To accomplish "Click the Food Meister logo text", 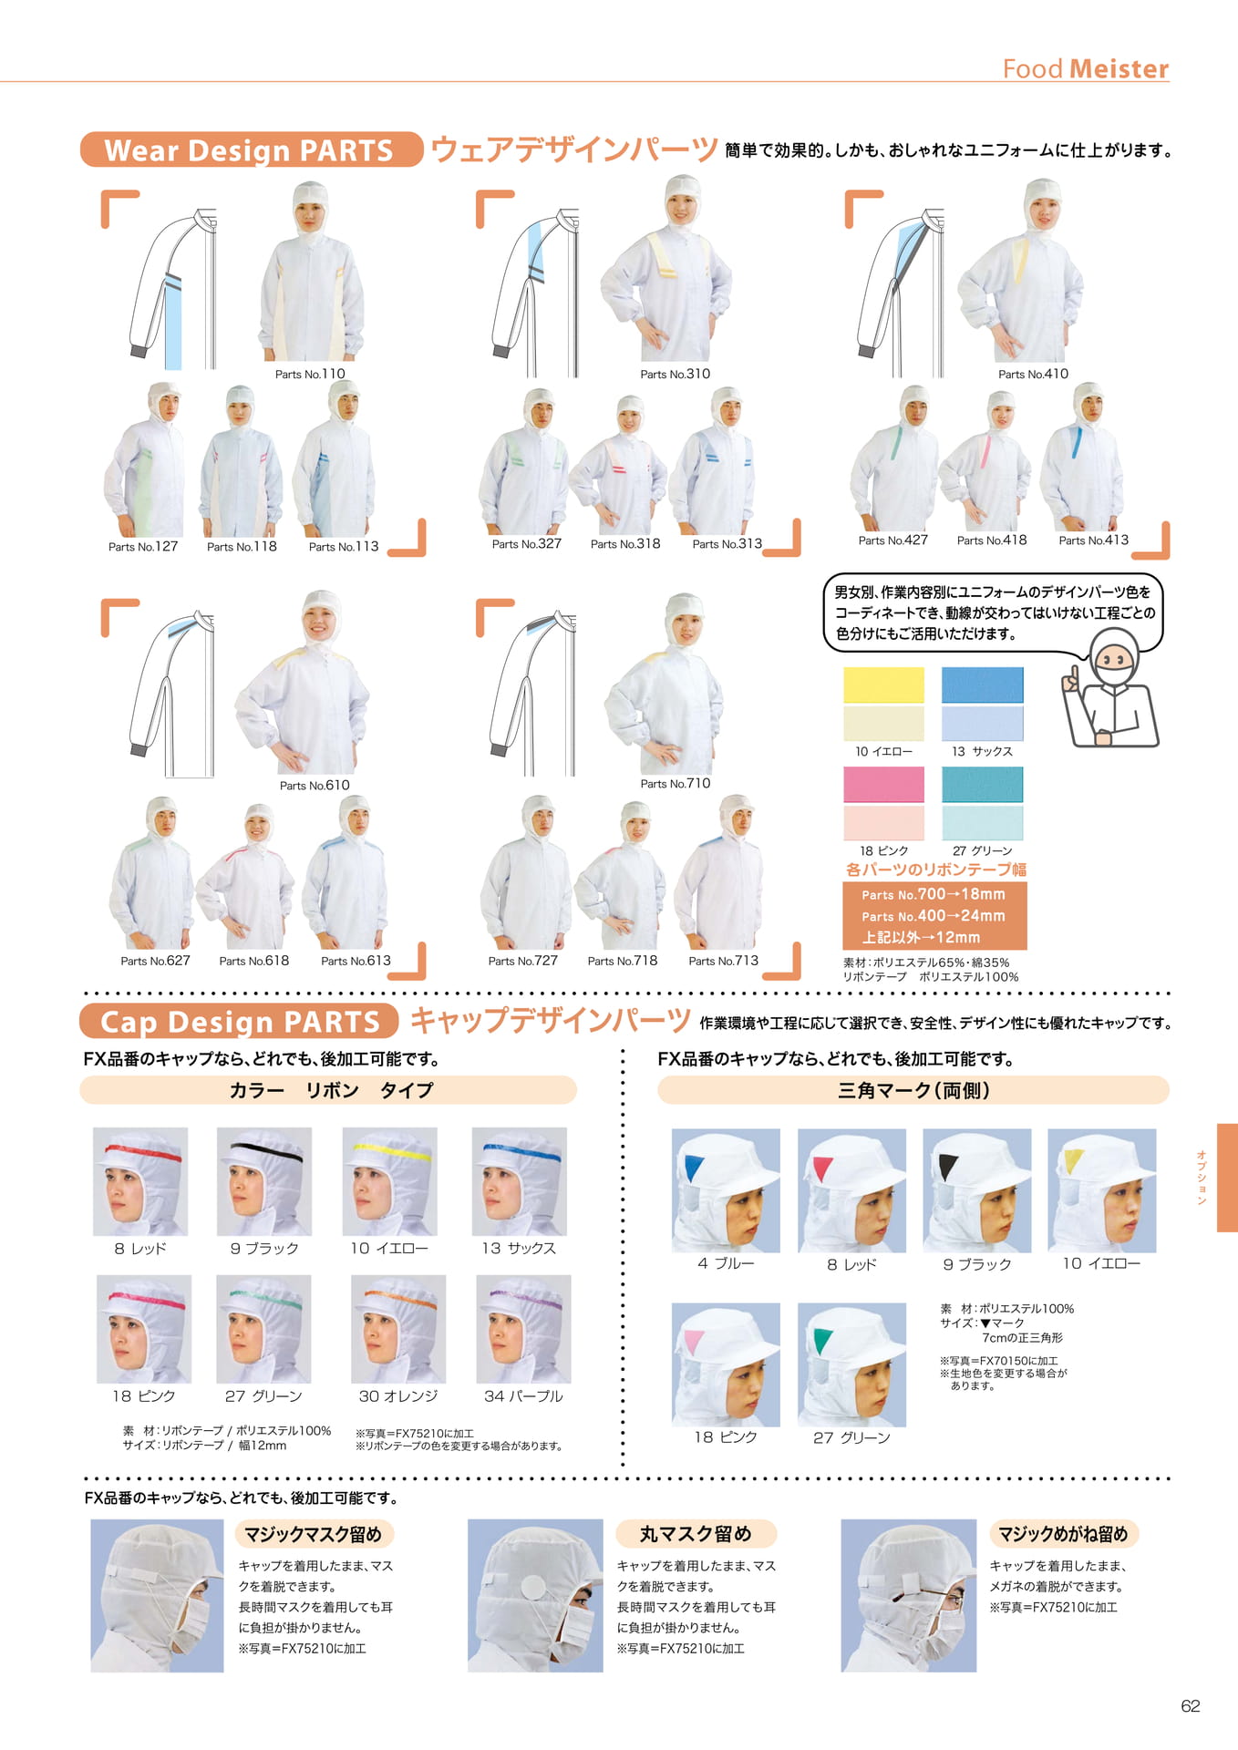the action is (x=1085, y=68).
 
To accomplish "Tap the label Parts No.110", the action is (x=310, y=374).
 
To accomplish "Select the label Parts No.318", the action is (x=625, y=543).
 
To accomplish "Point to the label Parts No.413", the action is (x=1093, y=540).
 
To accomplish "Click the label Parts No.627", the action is (x=155, y=960).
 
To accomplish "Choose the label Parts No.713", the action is (x=723, y=960).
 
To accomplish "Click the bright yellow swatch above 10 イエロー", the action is (x=883, y=685).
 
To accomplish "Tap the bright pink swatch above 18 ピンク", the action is (x=883, y=785).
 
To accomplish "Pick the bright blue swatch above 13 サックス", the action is (x=982, y=685).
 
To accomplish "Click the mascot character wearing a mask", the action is (x=1110, y=689).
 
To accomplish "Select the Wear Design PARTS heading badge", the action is (x=252, y=149).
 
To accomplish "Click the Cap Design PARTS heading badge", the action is (x=239, y=1021).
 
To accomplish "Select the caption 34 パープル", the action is (x=523, y=1395).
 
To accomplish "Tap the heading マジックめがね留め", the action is (x=1063, y=1534).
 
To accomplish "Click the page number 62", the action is (x=1191, y=1706).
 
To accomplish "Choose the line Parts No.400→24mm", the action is (x=934, y=915).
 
